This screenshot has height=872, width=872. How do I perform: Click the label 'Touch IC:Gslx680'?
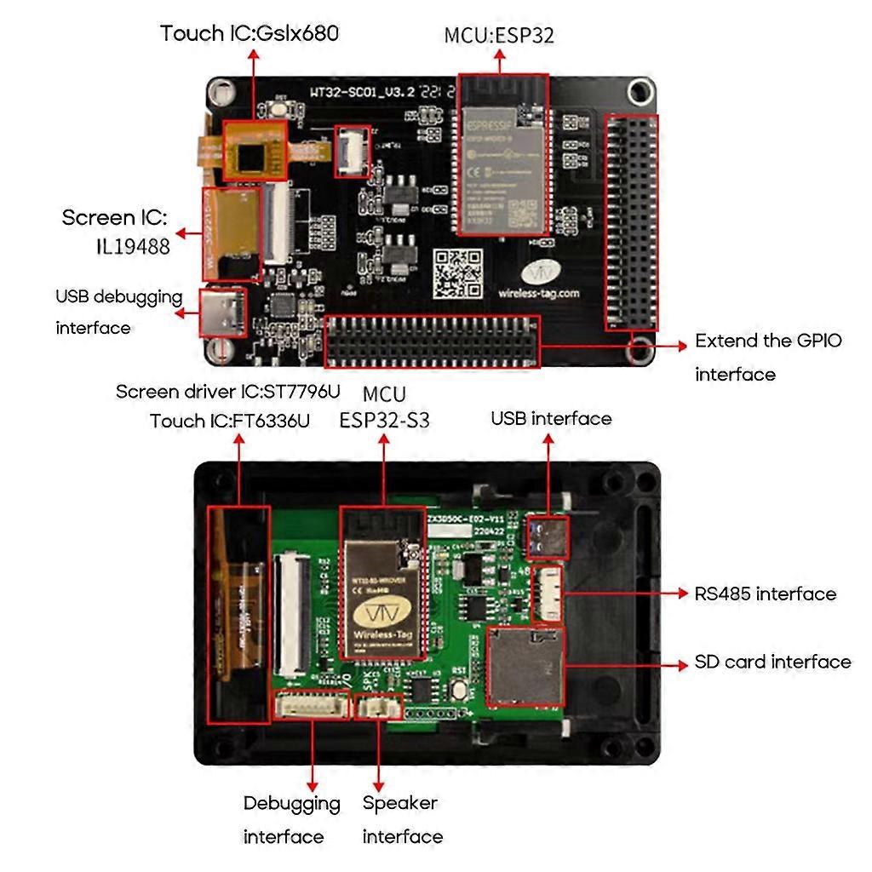(x=250, y=33)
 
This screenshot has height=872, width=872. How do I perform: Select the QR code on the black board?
(x=451, y=274)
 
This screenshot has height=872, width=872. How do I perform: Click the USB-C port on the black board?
(x=223, y=312)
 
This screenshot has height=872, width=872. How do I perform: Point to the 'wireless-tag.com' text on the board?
(x=538, y=294)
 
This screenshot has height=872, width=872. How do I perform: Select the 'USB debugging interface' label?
(x=118, y=313)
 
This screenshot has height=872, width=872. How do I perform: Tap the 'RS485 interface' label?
(x=765, y=594)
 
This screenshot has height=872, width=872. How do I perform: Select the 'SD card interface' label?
(x=772, y=662)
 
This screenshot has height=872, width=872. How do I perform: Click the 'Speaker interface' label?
(x=401, y=819)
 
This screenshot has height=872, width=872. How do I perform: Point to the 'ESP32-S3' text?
(x=384, y=420)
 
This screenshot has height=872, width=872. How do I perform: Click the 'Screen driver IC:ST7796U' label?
(x=227, y=392)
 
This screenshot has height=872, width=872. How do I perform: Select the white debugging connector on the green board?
(x=312, y=704)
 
